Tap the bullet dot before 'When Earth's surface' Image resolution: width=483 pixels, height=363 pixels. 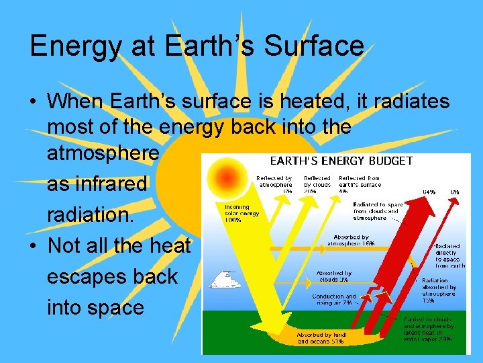pos(34,102)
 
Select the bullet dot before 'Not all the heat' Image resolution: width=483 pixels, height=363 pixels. pos(34,247)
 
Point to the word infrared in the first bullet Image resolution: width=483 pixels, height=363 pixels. pos(97,185)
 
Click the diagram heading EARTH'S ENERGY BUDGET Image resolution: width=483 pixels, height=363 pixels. pos(341,161)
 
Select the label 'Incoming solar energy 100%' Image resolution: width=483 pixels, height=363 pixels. pos(237,214)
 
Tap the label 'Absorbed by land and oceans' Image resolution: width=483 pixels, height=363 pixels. pos(321,337)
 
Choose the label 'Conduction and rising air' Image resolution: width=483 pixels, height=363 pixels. pos(334,299)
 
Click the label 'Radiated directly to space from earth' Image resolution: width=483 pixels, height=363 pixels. pos(450,255)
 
